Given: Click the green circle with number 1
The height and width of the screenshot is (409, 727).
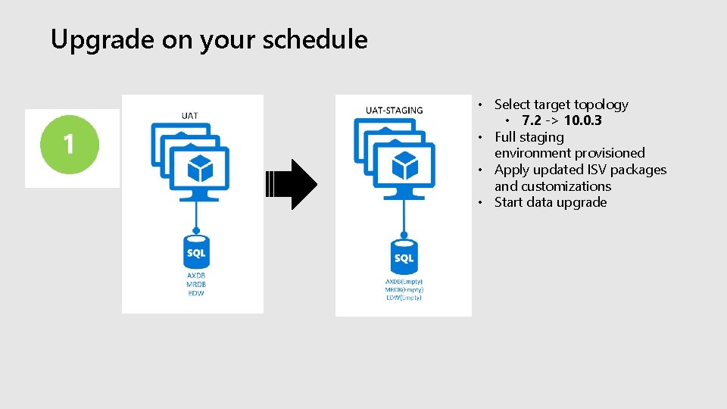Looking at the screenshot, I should [70, 144].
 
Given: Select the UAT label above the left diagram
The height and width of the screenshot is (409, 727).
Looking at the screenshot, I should [190, 115].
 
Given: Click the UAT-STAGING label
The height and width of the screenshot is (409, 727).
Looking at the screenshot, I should [394, 110].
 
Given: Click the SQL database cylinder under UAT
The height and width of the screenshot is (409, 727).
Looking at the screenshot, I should [196, 253].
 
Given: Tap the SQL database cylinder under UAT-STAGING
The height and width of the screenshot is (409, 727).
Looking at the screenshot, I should [404, 258].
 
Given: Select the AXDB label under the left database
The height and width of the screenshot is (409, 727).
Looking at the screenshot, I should [196, 275].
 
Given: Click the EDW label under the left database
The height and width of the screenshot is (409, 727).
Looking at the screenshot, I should [196, 292].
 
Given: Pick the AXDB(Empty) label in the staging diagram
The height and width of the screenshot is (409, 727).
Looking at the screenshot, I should [404, 282].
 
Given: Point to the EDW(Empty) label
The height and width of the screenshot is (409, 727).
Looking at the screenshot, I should [404, 298].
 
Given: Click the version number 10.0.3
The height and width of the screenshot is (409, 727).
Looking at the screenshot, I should [582, 120].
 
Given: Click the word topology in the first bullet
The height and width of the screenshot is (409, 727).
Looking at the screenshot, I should [601, 105].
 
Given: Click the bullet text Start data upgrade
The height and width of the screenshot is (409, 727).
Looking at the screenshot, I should [550, 202].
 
